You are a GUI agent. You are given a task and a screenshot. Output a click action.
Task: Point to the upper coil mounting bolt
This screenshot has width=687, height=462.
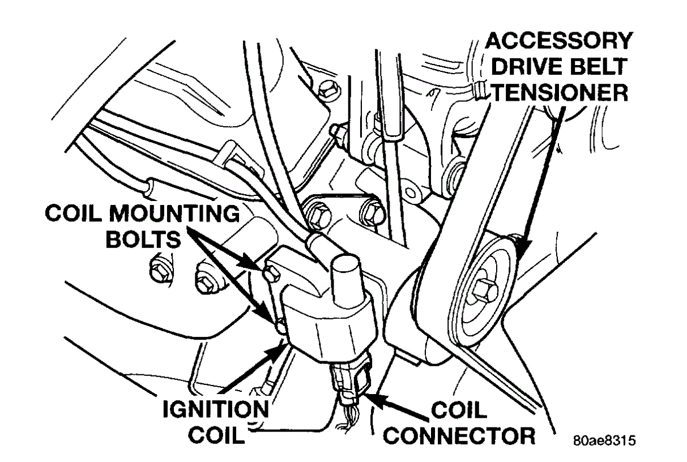[x=270, y=272]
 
